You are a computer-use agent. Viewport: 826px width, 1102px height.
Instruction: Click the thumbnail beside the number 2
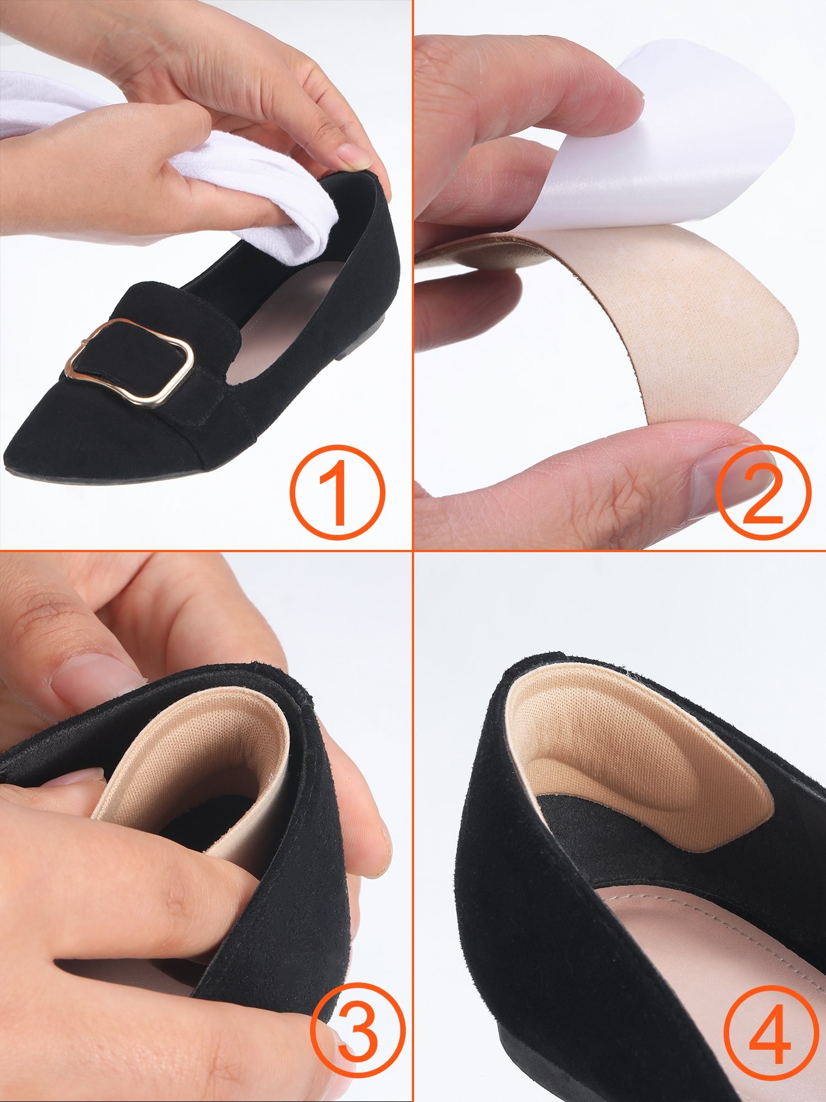[721, 468]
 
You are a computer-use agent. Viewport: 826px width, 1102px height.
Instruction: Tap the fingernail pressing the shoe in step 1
[352, 155]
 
